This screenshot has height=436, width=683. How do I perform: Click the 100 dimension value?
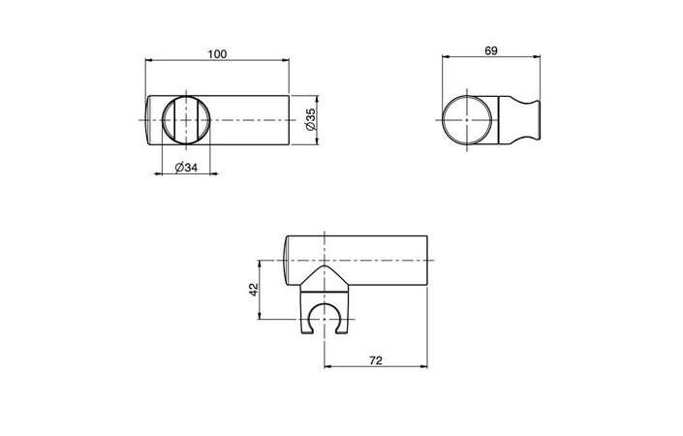[217, 54]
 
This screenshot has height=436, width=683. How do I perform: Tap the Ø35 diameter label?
[311, 120]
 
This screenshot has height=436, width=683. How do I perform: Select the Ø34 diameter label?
[186, 168]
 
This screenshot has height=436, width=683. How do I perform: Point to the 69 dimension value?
[491, 50]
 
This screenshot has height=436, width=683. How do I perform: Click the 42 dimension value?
[254, 290]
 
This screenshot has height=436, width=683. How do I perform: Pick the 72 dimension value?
[376, 360]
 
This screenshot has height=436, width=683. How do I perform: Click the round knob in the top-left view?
[186, 120]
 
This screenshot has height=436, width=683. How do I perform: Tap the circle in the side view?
[467, 119]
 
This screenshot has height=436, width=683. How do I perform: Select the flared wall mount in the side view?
[519, 120]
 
